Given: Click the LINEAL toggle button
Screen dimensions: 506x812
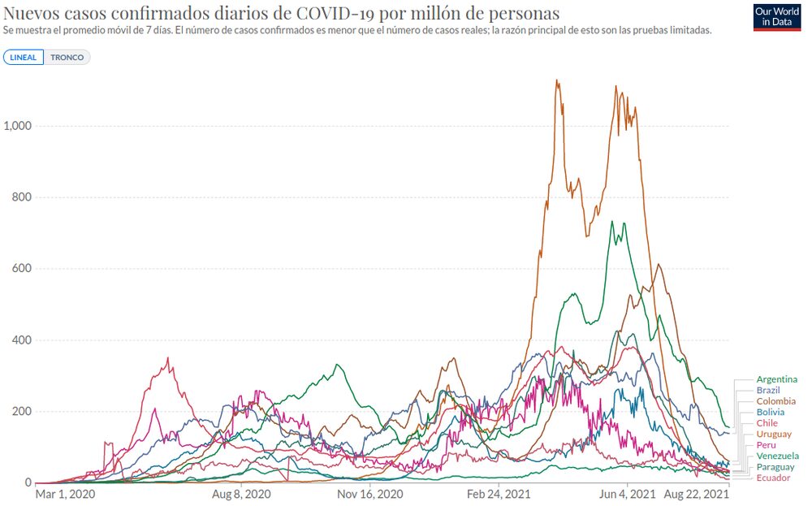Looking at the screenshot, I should click(x=24, y=58).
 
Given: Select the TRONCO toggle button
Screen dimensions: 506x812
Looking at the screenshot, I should click(x=67, y=58).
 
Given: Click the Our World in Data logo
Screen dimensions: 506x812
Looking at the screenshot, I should click(x=777, y=18).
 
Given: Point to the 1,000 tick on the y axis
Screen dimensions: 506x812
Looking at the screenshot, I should click(x=17, y=126).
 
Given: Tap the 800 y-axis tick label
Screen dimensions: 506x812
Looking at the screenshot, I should click(x=21, y=197).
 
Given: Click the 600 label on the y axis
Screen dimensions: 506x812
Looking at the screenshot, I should click(x=21, y=269).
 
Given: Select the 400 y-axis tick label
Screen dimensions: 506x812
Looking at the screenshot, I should click(x=21, y=340).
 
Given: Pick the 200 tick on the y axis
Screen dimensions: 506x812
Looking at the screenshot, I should click(x=21, y=412).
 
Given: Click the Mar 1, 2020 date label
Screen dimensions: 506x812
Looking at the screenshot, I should click(x=65, y=494).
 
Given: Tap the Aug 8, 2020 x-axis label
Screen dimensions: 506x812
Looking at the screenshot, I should click(x=240, y=494).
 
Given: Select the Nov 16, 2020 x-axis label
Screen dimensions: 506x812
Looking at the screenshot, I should click(x=369, y=494).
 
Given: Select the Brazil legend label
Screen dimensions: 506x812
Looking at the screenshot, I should click(x=767, y=391).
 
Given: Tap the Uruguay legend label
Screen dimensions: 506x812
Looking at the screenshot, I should click(x=772, y=435).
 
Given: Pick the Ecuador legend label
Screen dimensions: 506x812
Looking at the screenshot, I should click(x=772, y=478).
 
